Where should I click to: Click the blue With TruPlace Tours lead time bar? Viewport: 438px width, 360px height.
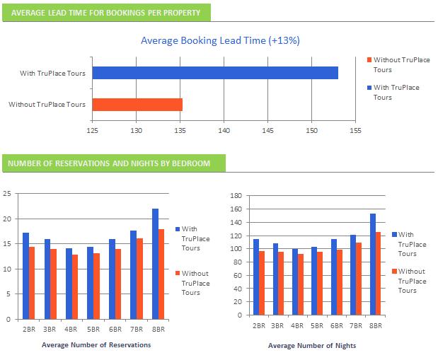click(215, 73)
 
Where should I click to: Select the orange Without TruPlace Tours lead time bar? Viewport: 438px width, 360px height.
click(137, 105)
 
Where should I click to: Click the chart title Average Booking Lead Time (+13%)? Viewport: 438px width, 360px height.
click(220, 41)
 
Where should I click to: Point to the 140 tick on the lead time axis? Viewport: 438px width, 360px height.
click(224, 130)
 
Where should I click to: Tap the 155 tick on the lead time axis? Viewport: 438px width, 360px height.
click(355, 130)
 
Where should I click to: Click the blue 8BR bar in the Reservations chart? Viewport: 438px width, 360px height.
click(155, 264)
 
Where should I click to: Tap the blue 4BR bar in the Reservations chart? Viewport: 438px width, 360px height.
click(69, 284)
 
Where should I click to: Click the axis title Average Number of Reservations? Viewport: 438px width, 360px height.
click(96, 345)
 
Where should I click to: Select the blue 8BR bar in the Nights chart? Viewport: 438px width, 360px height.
click(372, 265)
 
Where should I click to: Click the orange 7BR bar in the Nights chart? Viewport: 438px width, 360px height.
click(359, 279)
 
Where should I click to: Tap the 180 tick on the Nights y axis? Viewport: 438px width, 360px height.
click(236, 195)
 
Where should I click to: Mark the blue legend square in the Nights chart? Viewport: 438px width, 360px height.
click(394, 234)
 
